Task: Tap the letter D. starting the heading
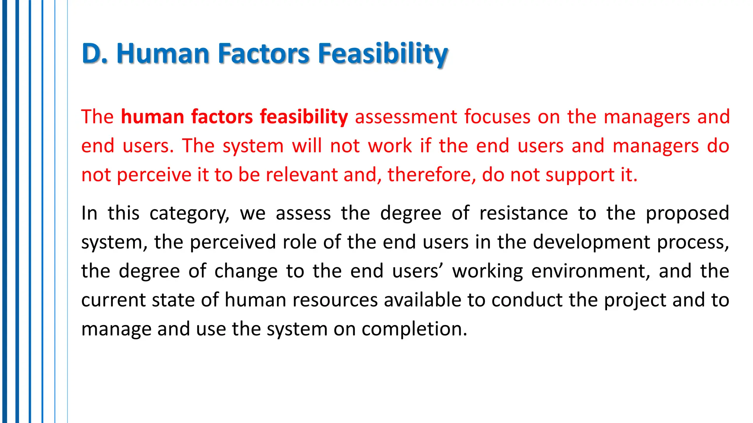pyautogui.click(x=94, y=54)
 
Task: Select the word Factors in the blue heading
pyautogui.click(x=264, y=54)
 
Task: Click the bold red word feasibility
pyautogui.click(x=304, y=117)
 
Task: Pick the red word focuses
pyautogui.click(x=497, y=117)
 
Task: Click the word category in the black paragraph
pyautogui.click(x=189, y=214)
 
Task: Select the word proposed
pyautogui.click(x=687, y=213)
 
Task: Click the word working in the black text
pyautogui.click(x=488, y=271)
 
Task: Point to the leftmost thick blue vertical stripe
pyautogui.click(x=4, y=211)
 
